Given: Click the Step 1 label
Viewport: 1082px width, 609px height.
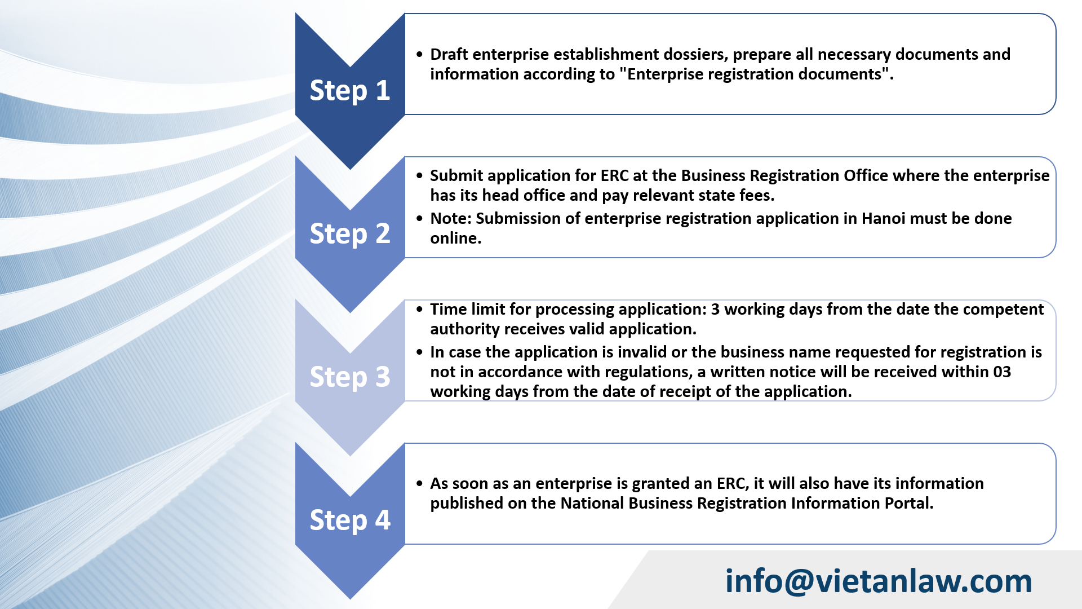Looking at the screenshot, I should click(x=350, y=91).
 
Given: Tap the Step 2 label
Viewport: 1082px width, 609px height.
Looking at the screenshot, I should click(x=350, y=234).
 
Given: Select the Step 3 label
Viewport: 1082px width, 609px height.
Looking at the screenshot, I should click(x=350, y=377).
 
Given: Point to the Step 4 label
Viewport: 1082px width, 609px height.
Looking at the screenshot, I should click(x=350, y=520).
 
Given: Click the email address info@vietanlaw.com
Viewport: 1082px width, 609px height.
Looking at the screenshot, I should click(x=878, y=581).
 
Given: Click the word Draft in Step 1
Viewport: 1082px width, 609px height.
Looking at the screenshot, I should click(x=449, y=55).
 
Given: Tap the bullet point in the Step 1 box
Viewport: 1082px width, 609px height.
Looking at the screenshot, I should click(x=419, y=55).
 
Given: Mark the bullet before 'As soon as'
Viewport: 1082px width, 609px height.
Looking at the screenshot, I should click(x=419, y=484).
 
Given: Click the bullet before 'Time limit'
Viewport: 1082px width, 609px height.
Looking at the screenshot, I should click(x=419, y=310).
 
